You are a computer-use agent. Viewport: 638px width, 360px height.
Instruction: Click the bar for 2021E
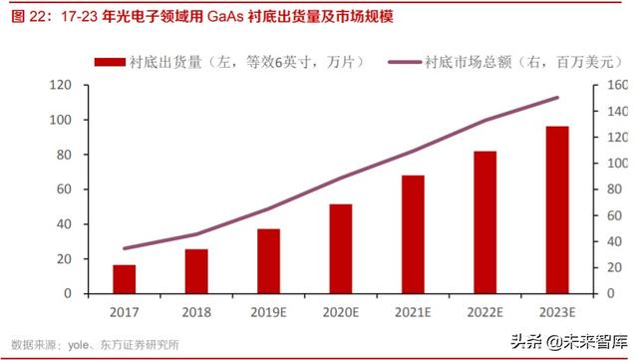[x=413, y=234]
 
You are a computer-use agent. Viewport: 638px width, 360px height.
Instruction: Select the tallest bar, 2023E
[x=557, y=209]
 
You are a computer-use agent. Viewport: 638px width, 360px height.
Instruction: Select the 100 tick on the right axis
[x=617, y=164]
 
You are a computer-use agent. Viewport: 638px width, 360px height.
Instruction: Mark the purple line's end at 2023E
[x=557, y=98]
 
